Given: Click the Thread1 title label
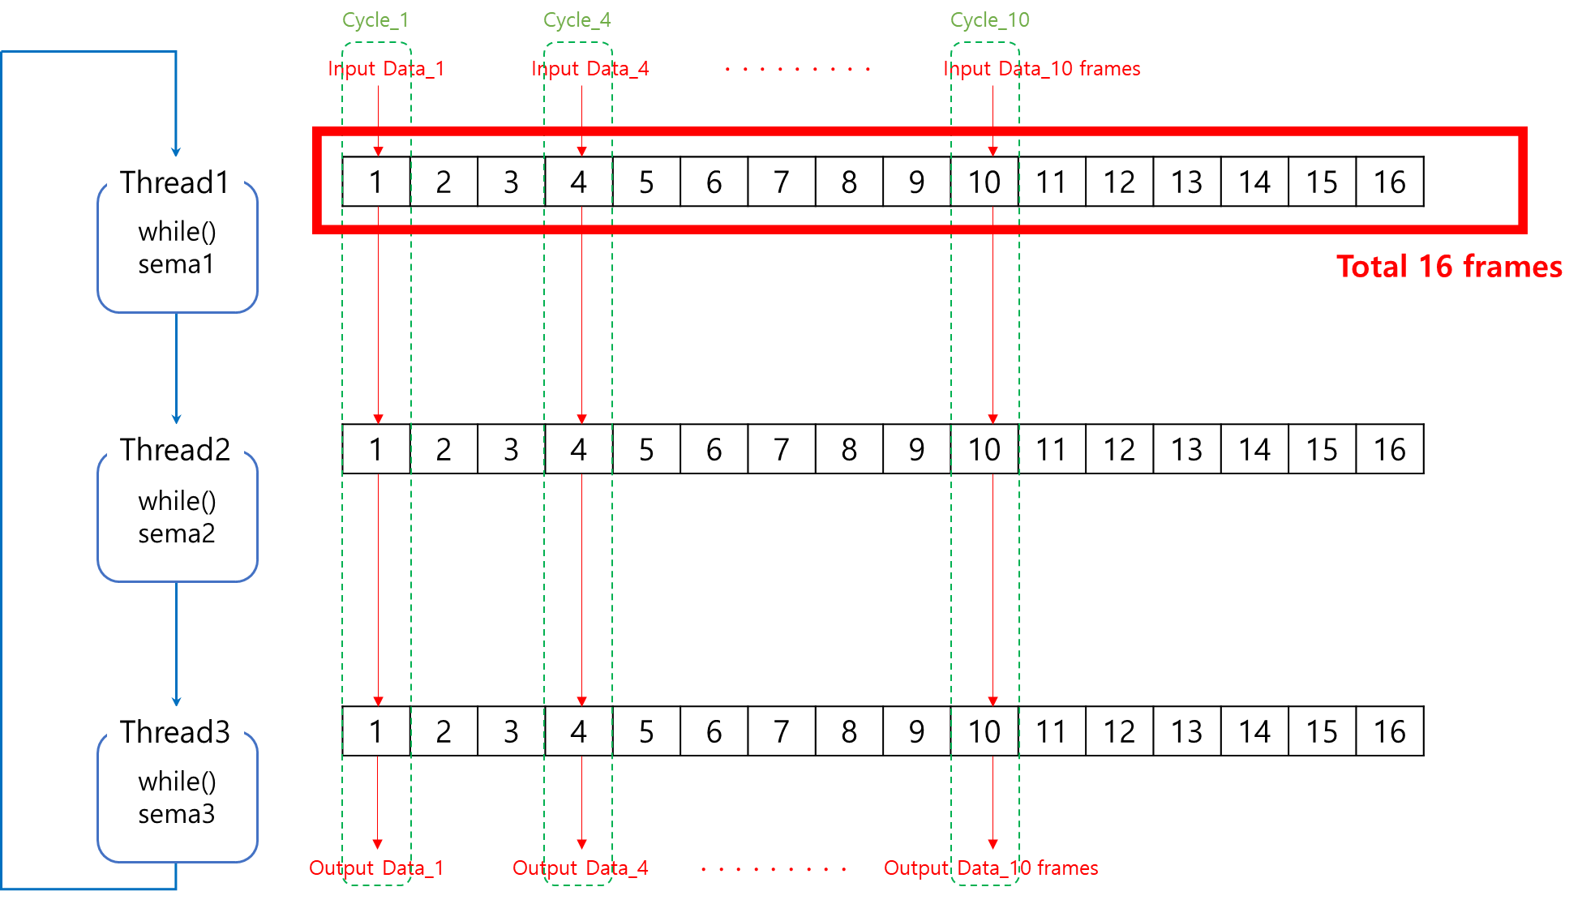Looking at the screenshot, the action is (174, 182).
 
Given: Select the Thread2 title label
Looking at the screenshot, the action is (175, 449).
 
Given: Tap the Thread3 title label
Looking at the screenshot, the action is (175, 731).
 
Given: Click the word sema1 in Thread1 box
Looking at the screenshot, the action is (176, 264).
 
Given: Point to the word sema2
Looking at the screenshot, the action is (177, 533).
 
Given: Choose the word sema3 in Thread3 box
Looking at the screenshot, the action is (177, 813).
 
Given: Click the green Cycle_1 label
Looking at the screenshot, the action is (375, 20).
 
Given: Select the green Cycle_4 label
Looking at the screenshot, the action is (577, 20).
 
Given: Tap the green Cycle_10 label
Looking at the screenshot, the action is (989, 20).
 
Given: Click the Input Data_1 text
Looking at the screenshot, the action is (386, 69).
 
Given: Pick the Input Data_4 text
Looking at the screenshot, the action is (590, 69).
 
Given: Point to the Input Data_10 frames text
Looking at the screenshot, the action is (1042, 69).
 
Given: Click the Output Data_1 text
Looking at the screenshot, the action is (376, 868).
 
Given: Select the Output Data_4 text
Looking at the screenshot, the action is (581, 868).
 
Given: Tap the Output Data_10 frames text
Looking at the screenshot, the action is (991, 868).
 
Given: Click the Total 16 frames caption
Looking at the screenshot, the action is (1449, 267).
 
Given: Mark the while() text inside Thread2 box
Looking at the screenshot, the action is (177, 501).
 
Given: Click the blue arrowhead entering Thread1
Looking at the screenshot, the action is (176, 151).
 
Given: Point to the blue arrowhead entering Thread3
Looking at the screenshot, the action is (176, 701).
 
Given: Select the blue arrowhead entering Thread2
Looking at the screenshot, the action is (176, 419).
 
